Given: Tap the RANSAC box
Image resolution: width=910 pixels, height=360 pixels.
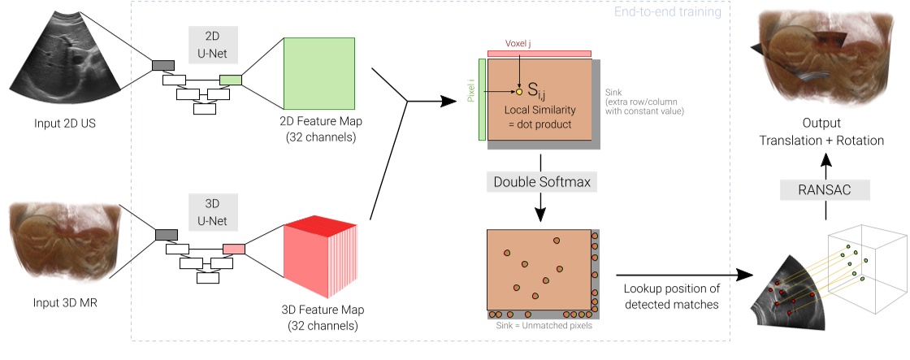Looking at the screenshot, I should (x=825, y=190).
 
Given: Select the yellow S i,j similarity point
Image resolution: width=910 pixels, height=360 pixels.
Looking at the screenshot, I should (x=520, y=92).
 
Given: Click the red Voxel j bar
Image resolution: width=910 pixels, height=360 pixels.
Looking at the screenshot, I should (x=539, y=54).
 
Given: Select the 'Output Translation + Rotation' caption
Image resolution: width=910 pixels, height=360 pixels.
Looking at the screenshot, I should (x=821, y=133).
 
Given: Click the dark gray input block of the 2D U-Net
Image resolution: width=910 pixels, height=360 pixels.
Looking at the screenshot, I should (x=162, y=65).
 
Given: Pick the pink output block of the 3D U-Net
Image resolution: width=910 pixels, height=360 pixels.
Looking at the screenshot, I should (x=233, y=249).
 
